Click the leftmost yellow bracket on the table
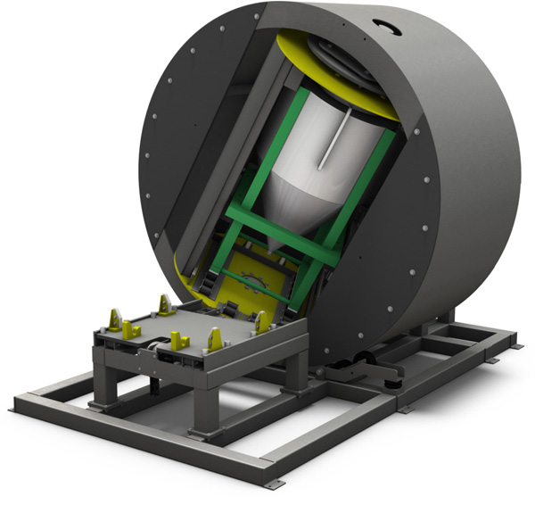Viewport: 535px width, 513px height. coord(114,319)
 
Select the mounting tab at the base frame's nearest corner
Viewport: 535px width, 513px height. coord(268,483)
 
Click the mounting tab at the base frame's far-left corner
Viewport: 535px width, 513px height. coord(15,409)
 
